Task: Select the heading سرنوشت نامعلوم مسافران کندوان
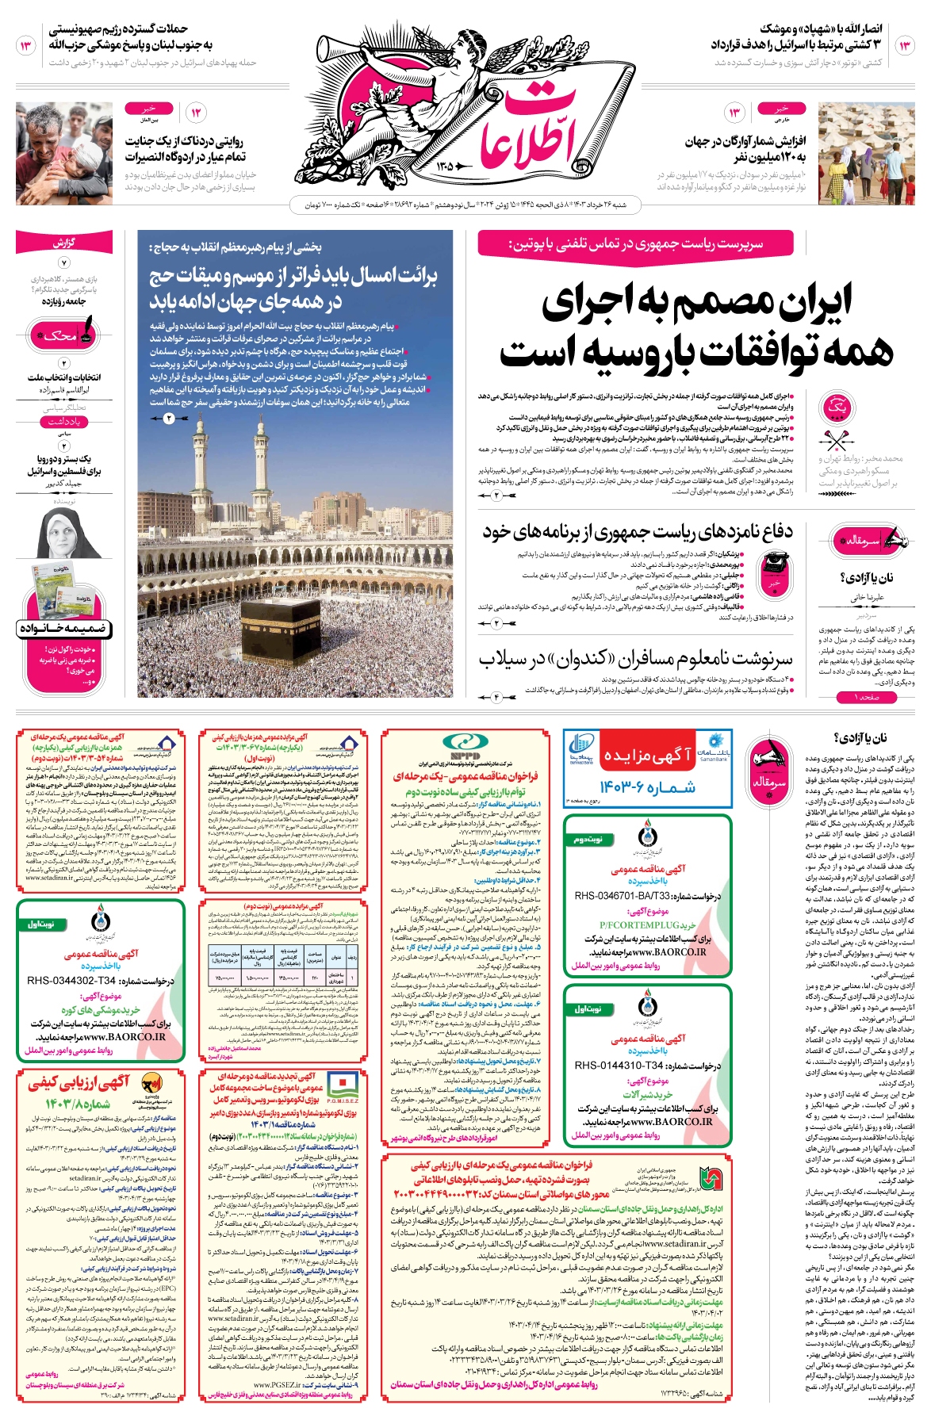click(634, 658)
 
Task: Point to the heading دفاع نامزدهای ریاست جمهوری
click(638, 532)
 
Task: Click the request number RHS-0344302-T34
click(100, 981)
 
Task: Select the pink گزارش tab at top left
click(63, 243)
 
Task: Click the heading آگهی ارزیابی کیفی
click(79, 1084)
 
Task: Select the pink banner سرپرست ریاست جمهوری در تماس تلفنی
click(635, 243)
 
